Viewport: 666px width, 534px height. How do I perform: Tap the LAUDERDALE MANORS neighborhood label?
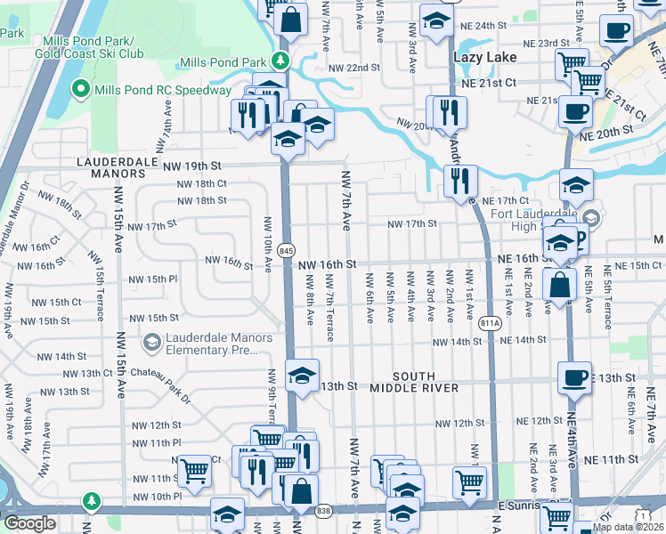(x=111, y=169)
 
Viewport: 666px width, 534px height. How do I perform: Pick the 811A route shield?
(x=489, y=323)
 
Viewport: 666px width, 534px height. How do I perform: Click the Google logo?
(x=30, y=523)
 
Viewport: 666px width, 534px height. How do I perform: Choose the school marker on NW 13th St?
(x=302, y=375)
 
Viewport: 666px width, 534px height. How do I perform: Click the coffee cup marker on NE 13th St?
(x=574, y=376)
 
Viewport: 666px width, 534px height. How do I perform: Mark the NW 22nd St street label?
(x=353, y=68)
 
